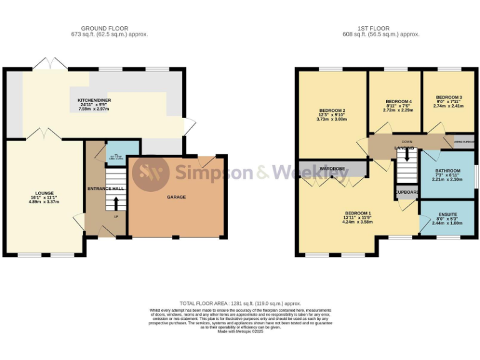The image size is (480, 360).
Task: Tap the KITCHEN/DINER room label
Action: tap(94, 101)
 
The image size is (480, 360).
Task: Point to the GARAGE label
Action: tap(176, 197)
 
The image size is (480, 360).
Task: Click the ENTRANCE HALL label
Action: tap(105, 188)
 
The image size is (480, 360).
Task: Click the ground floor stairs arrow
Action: tap(116, 202)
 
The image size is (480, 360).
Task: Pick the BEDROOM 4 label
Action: tap(398, 101)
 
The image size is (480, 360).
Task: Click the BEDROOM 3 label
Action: tap(449, 97)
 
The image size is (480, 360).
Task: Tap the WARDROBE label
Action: tap(332, 169)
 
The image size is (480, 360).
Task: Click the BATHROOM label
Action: tap(447, 171)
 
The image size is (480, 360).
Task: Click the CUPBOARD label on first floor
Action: tap(406, 192)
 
